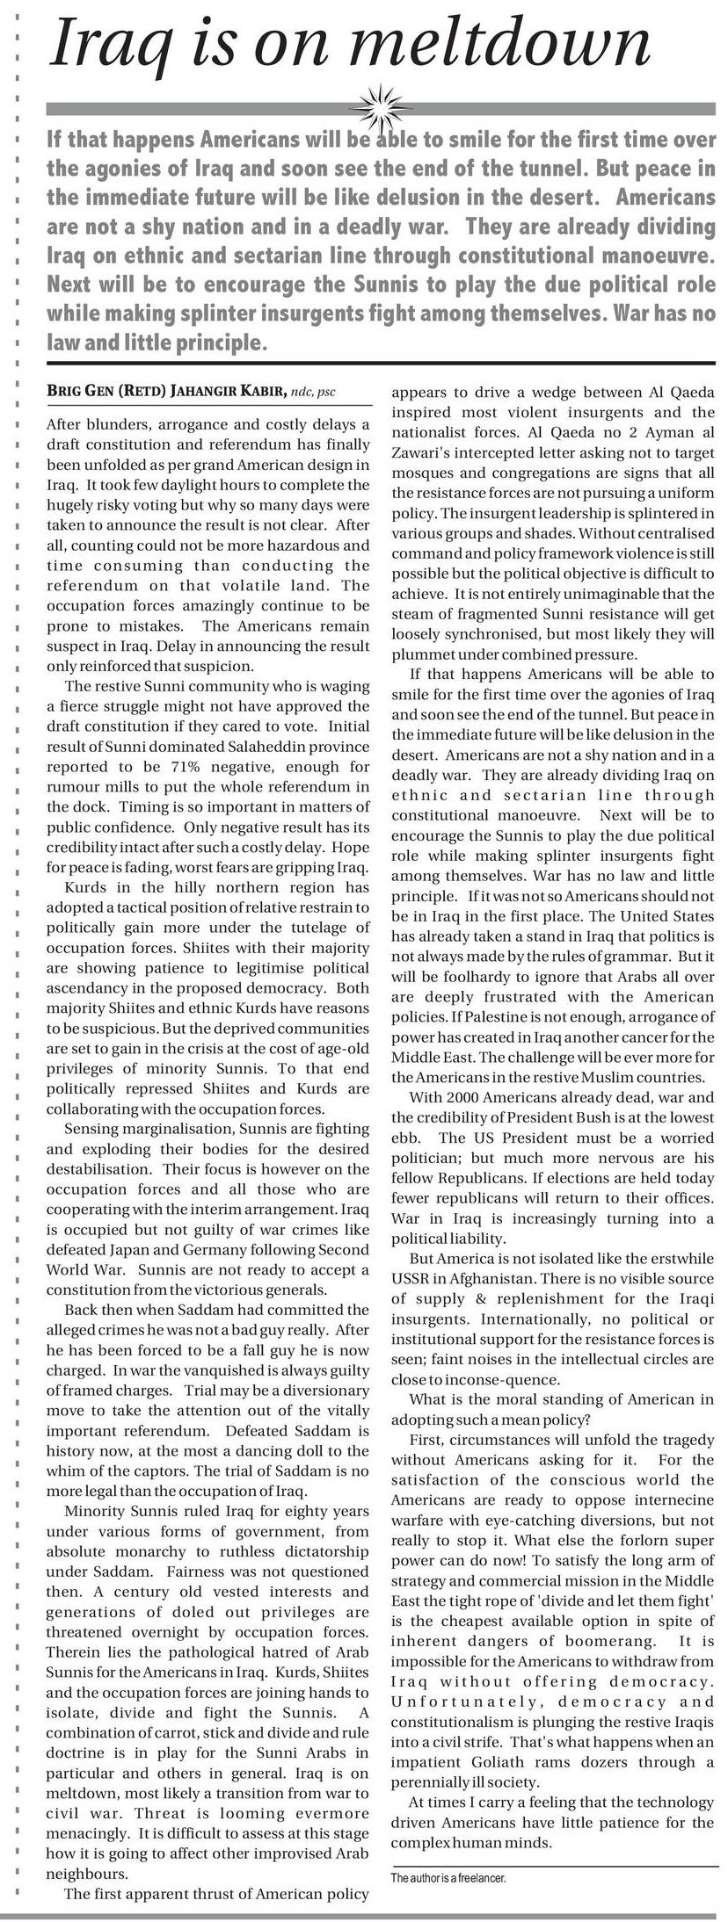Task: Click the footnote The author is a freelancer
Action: [448, 1878]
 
